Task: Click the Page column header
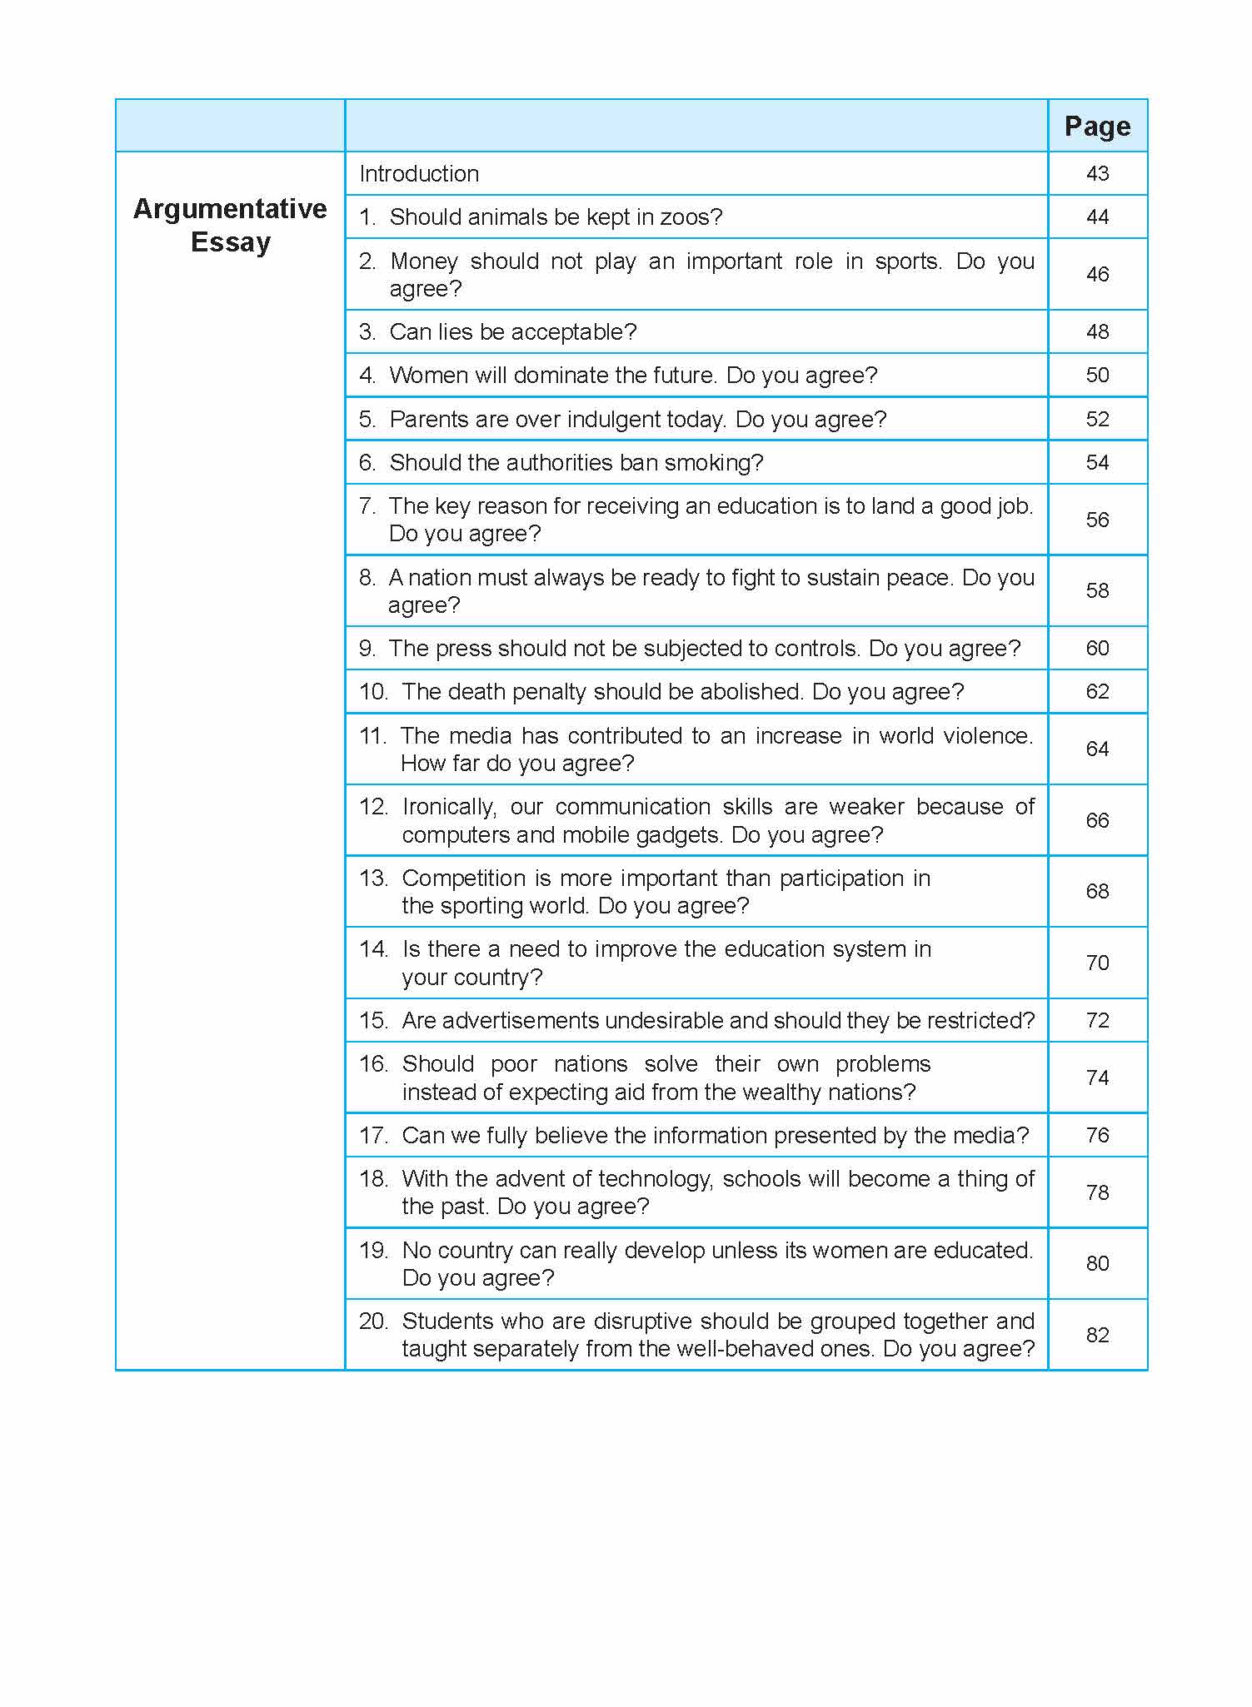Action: pyautogui.click(x=1097, y=126)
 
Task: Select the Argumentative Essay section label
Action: pyautogui.click(x=230, y=225)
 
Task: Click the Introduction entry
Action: pyautogui.click(x=419, y=173)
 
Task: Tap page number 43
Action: pyautogui.click(x=1097, y=173)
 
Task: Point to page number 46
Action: pyautogui.click(x=1097, y=274)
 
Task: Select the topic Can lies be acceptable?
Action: pyautogui.click(x=512, y=331)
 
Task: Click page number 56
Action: pyautogui.click(x=1097, y=520)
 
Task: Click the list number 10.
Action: pyautogui.click(x=373, y=691)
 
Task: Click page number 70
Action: pyautogui.click(x=1097, y=963)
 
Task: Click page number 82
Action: pyautogui.click(x=1097, y=1335)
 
